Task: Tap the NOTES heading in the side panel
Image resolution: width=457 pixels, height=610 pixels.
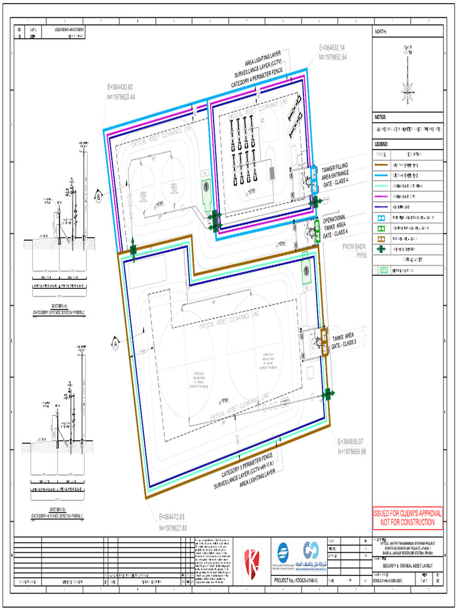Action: click(x=381, y=117)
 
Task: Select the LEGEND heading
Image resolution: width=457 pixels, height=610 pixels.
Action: click(x=382, y=144)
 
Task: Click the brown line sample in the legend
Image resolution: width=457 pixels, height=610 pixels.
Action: click(x=381, y=164)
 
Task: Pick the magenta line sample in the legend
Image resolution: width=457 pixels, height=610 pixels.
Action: click(x=381, y=197)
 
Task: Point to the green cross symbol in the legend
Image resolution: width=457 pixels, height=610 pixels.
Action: click(x=381, y=250)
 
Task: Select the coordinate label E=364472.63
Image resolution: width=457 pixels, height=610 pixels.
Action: click(x=173, y=516)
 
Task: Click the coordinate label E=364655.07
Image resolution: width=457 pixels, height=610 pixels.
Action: click(x=356, y=441)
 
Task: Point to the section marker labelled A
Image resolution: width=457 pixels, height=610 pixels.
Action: click(x=115, y=343)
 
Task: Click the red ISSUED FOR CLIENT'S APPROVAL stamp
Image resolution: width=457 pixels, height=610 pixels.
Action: click(x=408, y=518)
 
